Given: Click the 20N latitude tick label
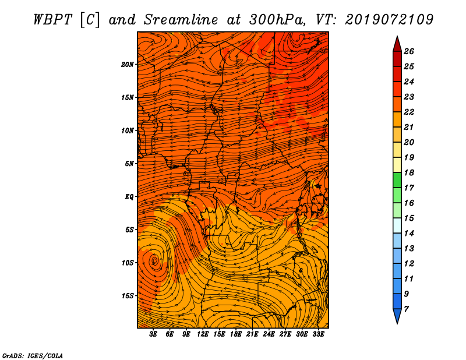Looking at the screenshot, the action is coord(128,65).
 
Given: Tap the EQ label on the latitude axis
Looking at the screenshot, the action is coord(129,197).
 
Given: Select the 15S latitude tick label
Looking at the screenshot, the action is coord(128,296).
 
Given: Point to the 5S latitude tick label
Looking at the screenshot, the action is coord(129,230).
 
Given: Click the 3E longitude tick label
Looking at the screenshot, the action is coord(153,334).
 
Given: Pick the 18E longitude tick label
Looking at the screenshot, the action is coord(236,334).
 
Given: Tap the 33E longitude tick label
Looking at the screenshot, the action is coord(318,334).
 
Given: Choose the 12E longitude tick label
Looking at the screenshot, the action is coord(203,334).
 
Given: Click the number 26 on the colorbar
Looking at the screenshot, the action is coord(409,51).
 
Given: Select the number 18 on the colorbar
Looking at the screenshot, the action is coord(409,172).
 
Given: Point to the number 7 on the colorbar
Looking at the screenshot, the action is coord(406,309).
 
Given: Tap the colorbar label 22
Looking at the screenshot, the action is coord(409,112).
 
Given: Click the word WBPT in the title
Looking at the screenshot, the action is coord(52,20).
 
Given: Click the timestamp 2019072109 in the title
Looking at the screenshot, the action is coord(389,20).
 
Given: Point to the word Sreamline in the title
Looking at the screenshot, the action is coord(181,20).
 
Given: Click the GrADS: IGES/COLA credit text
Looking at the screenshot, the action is coord(33,356).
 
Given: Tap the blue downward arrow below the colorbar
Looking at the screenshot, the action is coord(397,315).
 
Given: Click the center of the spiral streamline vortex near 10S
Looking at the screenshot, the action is coord(154,261).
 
